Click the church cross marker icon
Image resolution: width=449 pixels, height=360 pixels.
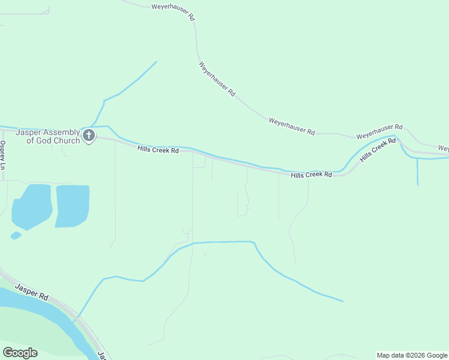coord(89,136)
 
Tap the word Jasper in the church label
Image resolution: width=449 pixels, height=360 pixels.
coord(29,133)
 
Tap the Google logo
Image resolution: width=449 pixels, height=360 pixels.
coord(20,353)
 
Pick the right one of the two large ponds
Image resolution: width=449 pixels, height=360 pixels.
coord(72,206)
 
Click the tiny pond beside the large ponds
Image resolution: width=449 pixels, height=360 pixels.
coord(16,235)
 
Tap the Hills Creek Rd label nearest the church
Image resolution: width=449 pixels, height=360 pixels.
coord(158,149)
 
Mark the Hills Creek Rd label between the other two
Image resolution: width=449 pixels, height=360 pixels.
coord(312,175)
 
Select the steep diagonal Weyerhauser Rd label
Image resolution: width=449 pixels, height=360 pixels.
coord(217,79)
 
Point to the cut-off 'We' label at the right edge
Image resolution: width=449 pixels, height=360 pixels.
coord(444,148)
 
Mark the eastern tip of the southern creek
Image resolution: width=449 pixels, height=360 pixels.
coord(343,301)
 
